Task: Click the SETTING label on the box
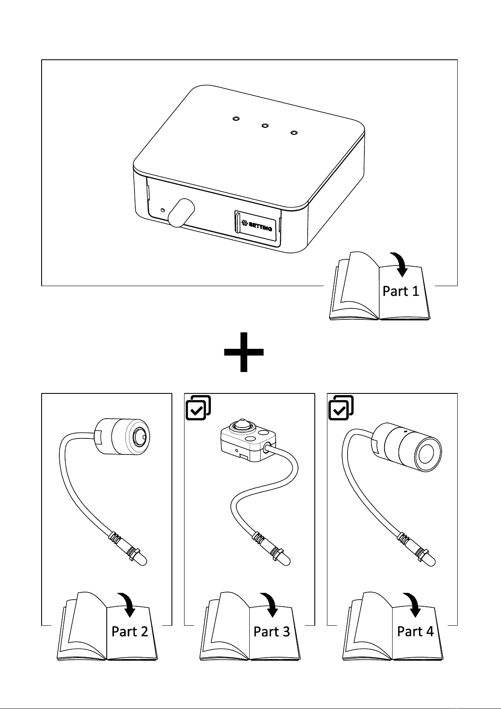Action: click(257, 226)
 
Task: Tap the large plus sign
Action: click(244, 352)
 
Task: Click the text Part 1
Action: click(401, 291)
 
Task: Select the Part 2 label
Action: click(129, 632)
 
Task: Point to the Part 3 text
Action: click(272, 632)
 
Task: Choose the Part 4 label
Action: click(415, 632)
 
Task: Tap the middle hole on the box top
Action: click(265, 126)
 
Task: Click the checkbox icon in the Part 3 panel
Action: click(198, 408)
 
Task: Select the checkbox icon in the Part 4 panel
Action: click(341, 408)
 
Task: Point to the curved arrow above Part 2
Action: click(128, 604)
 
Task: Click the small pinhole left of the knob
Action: click(163, 210)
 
